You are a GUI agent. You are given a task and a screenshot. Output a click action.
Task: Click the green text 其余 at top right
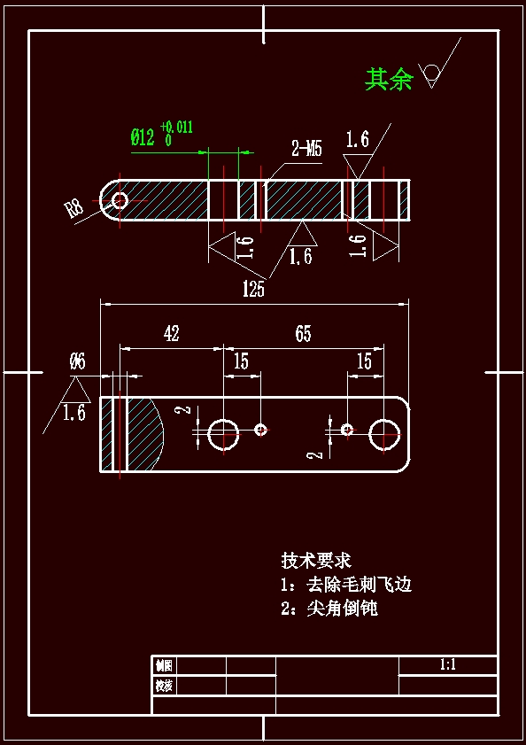click(389, 80)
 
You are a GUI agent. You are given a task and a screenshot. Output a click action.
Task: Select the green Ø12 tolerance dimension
click(160, 135)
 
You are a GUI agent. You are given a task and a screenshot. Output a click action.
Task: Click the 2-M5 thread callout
click(306, 149)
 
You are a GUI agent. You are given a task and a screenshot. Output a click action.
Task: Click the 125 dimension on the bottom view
click(253, 289)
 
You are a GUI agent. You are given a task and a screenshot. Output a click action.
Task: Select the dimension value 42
click(171, 334)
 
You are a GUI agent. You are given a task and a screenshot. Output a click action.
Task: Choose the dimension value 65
click(303, 334)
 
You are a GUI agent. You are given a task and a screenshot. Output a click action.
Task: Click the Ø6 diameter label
click(77, 361)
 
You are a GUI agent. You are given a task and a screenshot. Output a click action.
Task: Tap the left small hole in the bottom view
click(261, 430)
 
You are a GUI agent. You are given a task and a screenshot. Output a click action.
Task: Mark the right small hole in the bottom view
click(347, 430)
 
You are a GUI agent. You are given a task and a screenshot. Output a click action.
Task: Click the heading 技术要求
click(316, 561)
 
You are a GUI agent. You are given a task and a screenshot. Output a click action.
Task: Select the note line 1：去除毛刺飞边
click(346, 585)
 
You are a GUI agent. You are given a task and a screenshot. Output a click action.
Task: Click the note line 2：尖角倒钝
click(329, 609)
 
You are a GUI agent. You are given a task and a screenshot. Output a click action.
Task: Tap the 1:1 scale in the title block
click(447, 664)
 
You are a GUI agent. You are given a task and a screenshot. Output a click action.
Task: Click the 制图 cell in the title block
click(164, 665)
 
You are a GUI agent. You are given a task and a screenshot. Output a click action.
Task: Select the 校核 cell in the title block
click(164, 686)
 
